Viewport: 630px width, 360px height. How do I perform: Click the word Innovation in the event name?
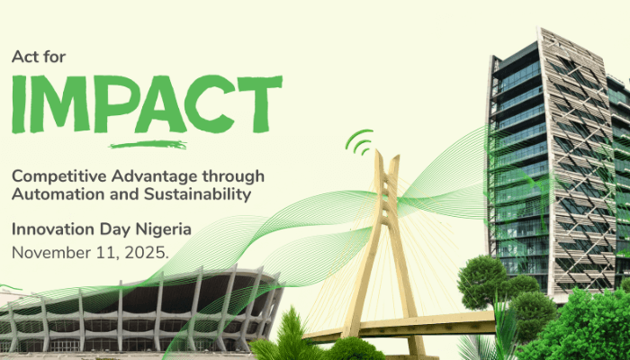tap(49, 229)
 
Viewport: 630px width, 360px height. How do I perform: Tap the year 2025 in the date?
tap(147, 251)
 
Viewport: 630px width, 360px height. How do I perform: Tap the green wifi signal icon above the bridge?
tap(362, 141)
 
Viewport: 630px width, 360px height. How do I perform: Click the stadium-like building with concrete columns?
tap(135, 310)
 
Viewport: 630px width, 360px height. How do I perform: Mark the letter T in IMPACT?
tap(261, 103)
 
